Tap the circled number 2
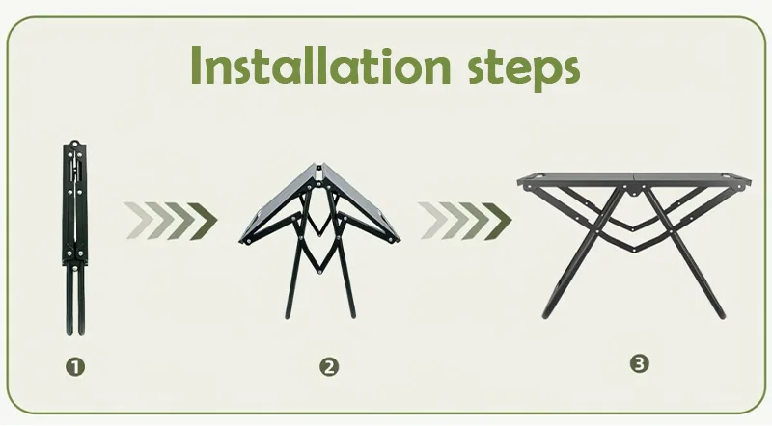click(x=329, y=366)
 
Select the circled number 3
click(x=639, y=363)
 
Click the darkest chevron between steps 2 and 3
click(x=496, y=221)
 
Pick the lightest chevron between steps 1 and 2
click(x=135, y=221)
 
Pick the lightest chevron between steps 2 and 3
click(x=429, y=221)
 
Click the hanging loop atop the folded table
click(x=73, y=147)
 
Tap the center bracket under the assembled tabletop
click(x=633, y=190)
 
